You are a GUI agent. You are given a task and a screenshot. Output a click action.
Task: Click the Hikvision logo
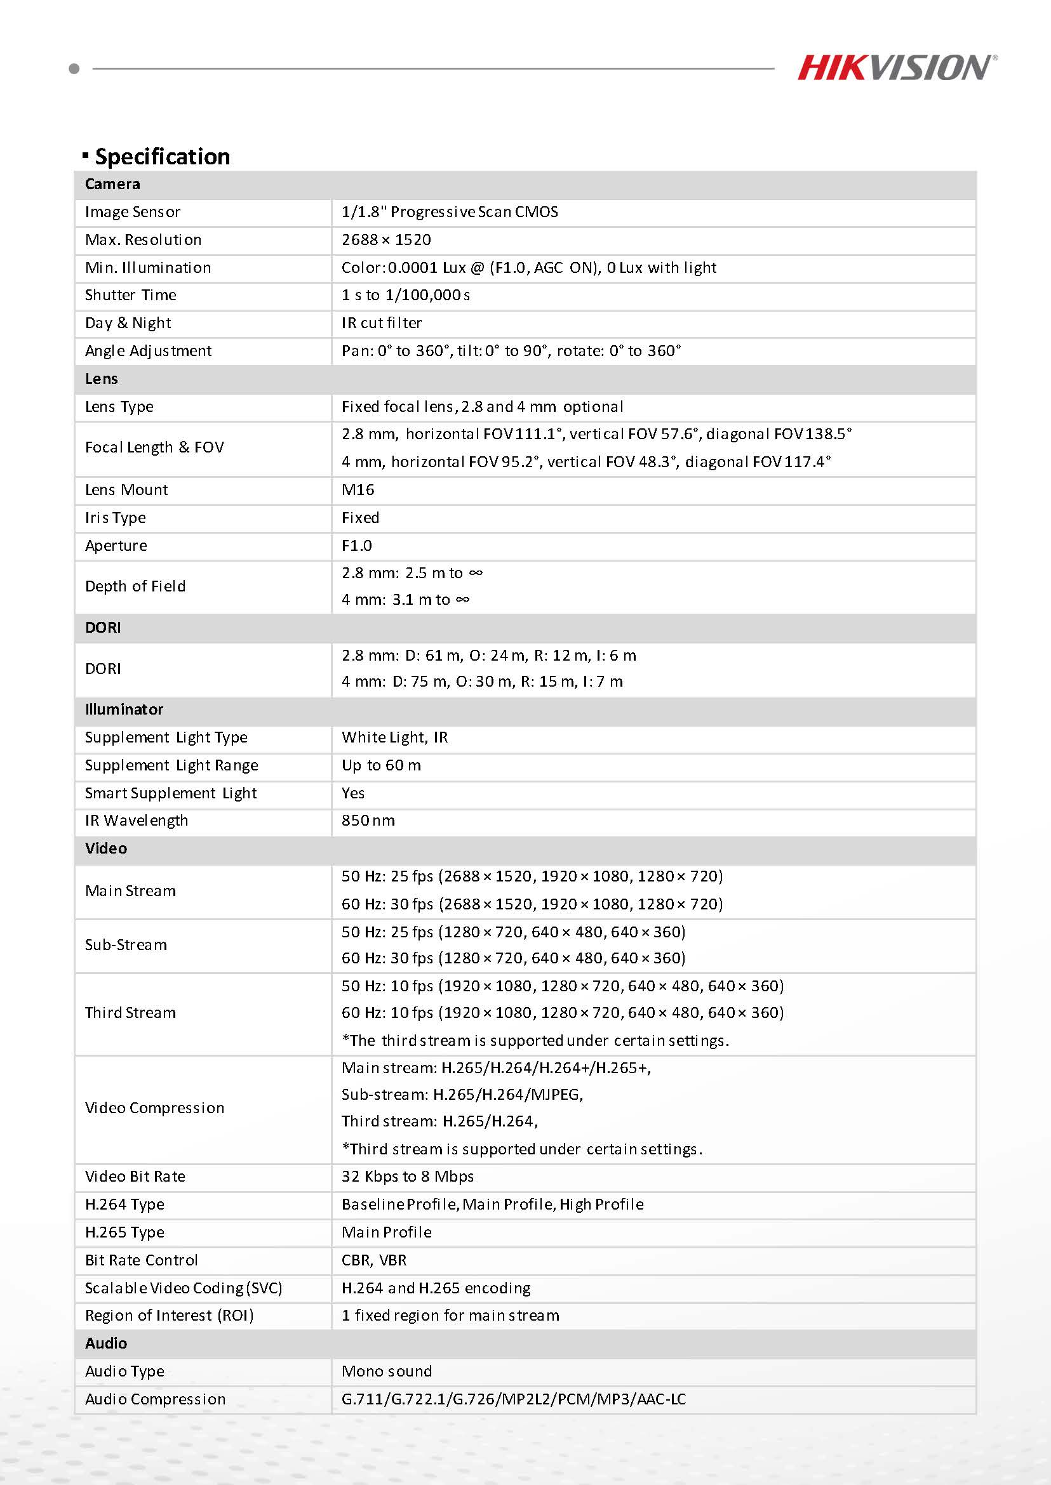pos(896,68)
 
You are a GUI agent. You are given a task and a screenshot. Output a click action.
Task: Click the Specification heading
pos(162,157)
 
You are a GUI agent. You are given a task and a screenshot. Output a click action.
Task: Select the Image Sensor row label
pos(133,212)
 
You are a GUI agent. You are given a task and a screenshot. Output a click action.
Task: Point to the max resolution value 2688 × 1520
pos(386,240)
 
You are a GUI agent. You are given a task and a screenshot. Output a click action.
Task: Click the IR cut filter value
pos(382,324)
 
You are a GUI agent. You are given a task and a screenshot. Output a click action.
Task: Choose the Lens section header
pos(102,379)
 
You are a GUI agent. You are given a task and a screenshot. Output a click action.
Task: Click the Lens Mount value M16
pos(358,491)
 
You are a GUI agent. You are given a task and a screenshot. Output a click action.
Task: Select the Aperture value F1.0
pos(357,546)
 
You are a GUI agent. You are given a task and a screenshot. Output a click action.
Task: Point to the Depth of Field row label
pos(135,586)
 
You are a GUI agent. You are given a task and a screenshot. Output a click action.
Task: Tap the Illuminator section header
pos(124,709)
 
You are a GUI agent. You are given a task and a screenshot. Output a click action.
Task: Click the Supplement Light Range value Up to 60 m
pos(381,766)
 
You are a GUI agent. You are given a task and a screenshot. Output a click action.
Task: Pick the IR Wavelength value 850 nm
pos(368,821)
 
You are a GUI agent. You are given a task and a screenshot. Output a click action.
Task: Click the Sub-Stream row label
pos(126,945)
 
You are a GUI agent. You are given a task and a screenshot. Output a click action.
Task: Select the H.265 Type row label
pos(125,1233)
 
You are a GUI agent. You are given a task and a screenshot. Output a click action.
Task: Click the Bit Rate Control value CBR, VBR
pos(374,1260)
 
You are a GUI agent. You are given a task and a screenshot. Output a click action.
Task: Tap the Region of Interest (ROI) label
pos(170,1316)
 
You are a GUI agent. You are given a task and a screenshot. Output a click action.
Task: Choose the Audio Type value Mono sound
pos(387,1371)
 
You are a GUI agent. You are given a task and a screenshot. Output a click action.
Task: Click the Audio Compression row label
pos(156,1399)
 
